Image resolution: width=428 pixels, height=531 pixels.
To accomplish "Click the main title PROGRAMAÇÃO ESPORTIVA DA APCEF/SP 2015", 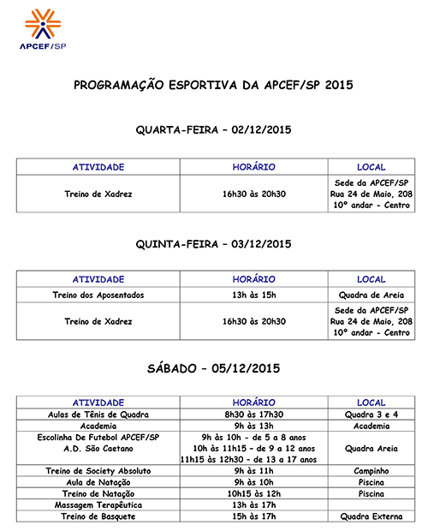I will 213,86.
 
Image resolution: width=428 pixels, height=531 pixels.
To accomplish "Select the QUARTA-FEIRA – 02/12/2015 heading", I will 214,130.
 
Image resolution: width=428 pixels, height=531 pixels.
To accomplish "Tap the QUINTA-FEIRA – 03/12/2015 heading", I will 214,244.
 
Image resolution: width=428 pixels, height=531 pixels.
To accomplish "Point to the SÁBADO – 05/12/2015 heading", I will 214,369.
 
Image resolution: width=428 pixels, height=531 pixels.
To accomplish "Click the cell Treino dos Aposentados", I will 98,295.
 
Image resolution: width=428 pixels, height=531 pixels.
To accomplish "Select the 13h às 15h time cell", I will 253,295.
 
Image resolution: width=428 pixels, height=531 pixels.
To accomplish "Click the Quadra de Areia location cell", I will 372,295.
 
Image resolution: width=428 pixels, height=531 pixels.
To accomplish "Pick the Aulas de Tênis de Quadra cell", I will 98,415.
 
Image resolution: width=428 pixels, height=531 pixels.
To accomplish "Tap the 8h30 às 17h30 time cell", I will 253,415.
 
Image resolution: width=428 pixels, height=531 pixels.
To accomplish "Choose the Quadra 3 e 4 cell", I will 372,415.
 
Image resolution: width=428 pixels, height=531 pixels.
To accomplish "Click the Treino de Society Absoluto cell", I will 98,471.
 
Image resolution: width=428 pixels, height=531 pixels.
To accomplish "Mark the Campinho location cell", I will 372,471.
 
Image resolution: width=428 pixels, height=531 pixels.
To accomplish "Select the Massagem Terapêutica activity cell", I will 98,505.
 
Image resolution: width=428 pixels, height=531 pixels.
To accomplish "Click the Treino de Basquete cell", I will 98,516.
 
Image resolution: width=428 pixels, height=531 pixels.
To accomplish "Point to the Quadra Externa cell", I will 372,516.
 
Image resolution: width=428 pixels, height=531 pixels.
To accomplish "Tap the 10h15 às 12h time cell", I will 253,494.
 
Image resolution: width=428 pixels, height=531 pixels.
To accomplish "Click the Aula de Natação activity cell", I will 98,482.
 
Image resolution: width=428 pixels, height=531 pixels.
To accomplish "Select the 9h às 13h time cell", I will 253,426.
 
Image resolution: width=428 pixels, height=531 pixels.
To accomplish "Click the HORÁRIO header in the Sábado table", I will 253,403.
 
